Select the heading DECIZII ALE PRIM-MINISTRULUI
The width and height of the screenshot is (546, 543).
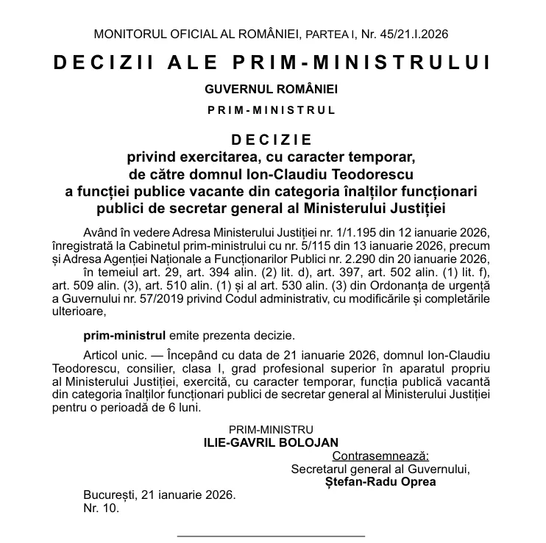click(x=272, y=62)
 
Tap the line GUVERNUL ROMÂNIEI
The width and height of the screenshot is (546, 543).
click(x=272, y=89)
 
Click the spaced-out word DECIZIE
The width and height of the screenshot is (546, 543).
click(x=272, y=140)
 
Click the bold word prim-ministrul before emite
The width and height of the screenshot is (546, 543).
click(x=121, y=335)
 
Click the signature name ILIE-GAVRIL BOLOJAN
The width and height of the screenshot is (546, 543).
click(x=272, y=442)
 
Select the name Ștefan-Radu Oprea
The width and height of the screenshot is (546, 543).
click(x=380, y=482)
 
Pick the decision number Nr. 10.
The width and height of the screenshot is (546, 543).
click(x=101, y=507)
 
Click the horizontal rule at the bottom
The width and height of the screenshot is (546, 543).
click(x=272, y=536)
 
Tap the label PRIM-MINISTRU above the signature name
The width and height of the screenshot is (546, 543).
click(x=272, y=428)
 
